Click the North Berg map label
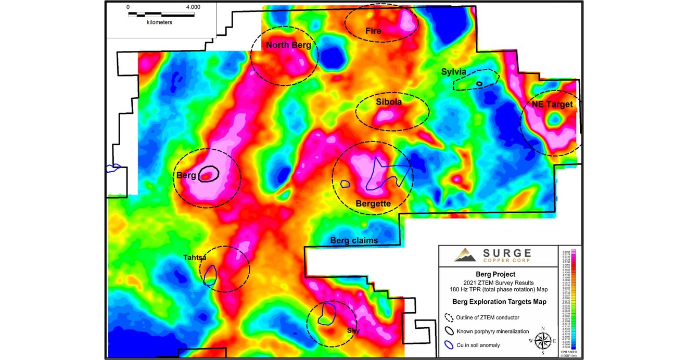(x=288, y=45)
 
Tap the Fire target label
(x=373, y=31)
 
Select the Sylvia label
(x=454, y=72)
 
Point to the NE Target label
(x=552, y=105)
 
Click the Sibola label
(x=389, y=102)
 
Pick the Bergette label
(x=373, y=203)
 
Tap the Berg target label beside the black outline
(x=186, y=176)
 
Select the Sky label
(x=353, y=330)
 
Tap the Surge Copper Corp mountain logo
(x=465, y=255)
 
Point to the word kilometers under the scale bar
(x=159, y=22)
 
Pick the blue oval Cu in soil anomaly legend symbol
(x=449, y=344)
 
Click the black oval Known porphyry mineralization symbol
(x=449, y=331)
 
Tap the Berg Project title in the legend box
(x=492, y=274)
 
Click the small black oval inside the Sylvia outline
(x=479, y=83)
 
